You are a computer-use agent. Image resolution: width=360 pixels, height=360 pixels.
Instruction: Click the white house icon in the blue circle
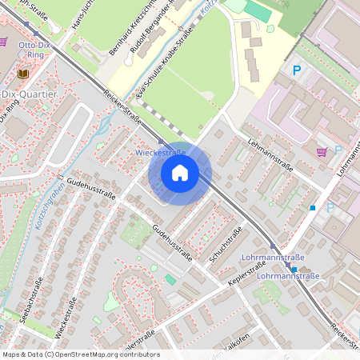180,173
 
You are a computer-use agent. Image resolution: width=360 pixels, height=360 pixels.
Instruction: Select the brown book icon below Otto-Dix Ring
22,74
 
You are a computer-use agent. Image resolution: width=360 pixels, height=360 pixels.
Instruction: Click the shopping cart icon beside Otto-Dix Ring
4,42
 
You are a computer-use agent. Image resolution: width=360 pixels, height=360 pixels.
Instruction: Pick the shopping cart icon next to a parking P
322,150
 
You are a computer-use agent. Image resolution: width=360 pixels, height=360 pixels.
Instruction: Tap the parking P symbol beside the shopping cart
337,150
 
